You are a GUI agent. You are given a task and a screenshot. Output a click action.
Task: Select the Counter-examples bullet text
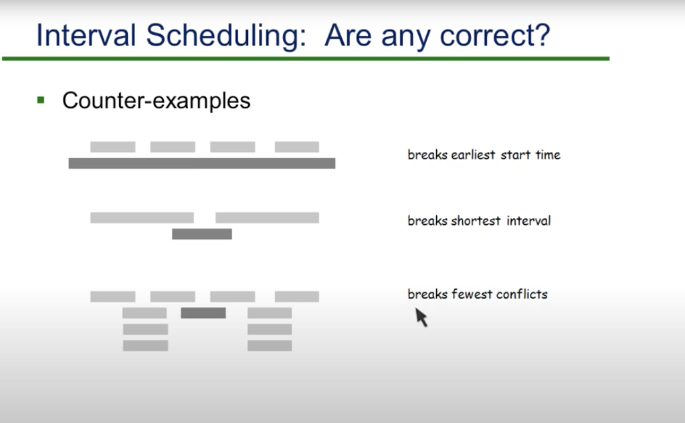point(156,100)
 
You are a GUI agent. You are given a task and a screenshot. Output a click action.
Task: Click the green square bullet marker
point(41,100)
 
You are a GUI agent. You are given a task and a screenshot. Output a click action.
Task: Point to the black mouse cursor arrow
point(421,317)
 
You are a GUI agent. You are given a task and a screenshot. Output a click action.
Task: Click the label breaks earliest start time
point(484,155)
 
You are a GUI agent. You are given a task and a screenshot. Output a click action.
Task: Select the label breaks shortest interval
point(479,221)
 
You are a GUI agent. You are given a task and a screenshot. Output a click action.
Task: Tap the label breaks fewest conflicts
point(477,294)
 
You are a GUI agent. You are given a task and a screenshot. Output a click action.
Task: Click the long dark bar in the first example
point(201,163)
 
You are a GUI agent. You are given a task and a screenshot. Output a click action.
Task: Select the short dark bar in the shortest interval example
point(201,234)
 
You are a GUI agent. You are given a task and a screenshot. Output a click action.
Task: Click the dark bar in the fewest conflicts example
point(203,313)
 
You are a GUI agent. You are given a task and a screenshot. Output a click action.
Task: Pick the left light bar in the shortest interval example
point(142,218)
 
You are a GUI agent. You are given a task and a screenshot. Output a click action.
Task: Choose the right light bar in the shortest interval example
point(267,218)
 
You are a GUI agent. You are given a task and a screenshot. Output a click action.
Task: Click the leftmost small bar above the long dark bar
point(112,147)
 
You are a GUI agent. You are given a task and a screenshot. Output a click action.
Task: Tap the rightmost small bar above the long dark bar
point(296,147)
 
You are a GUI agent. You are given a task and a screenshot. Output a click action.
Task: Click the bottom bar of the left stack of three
point(145,345)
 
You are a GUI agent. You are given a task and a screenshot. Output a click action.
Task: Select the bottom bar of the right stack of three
point(270,345)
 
